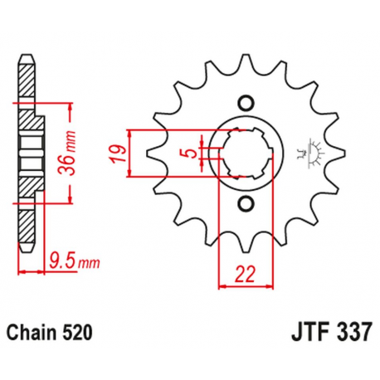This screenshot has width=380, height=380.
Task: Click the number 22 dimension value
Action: tap(244, 271)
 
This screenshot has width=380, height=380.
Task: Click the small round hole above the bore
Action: tap(245, 104)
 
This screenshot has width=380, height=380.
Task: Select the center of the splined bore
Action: tap(245, 153)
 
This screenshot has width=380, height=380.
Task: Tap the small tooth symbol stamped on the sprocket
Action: tap(315, 149)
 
